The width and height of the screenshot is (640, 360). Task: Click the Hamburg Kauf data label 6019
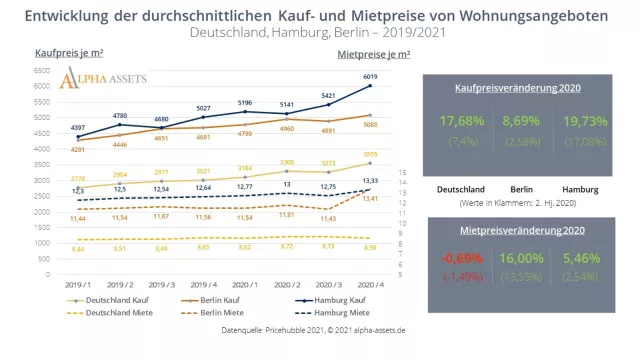coord(369,77)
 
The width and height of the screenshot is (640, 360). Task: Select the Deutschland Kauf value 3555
coord(369,154)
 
